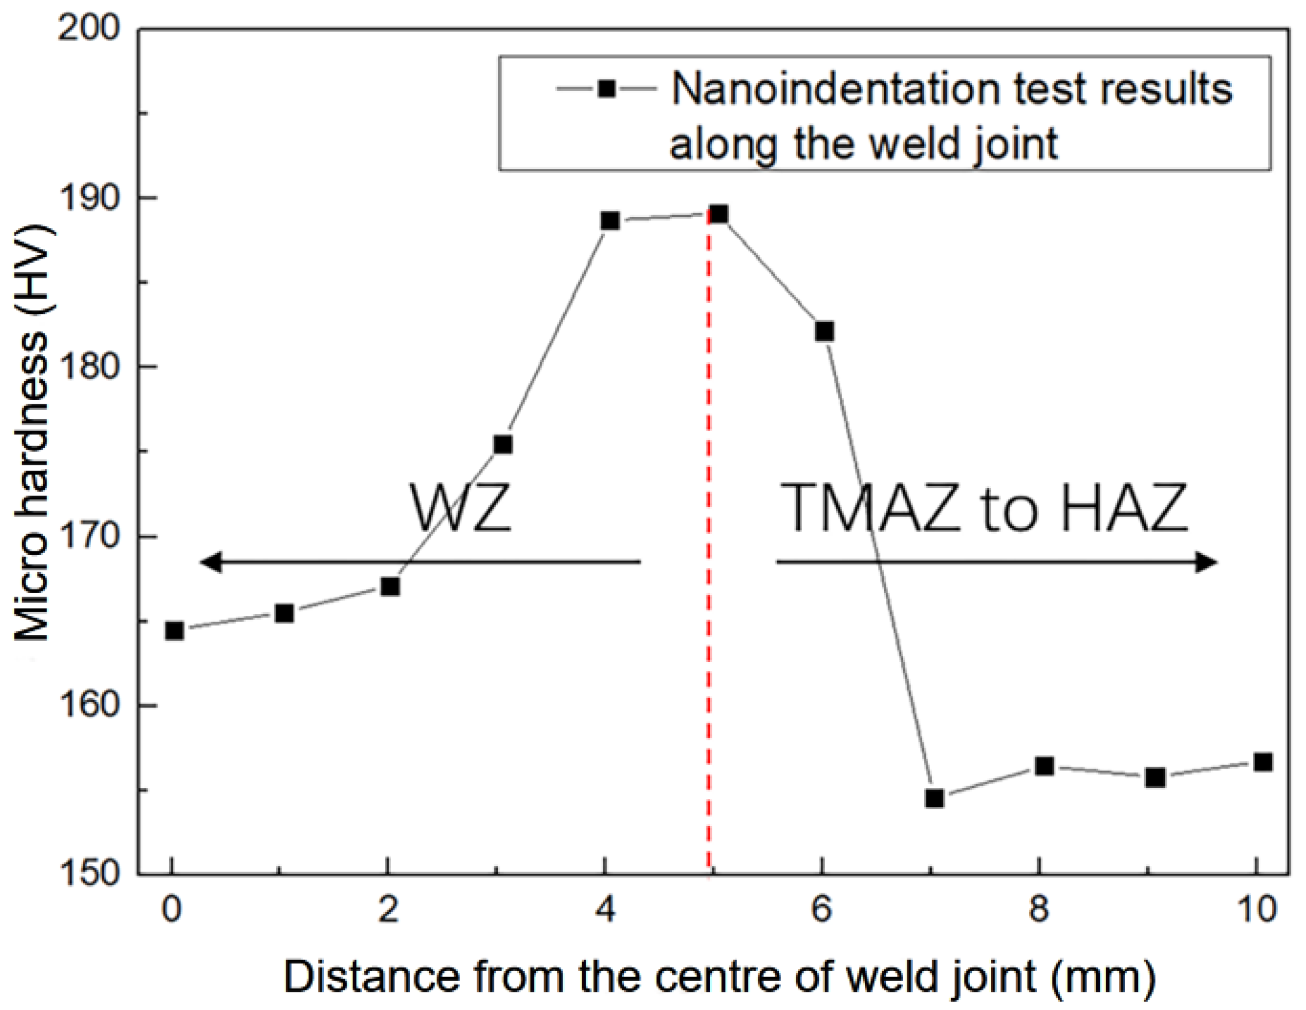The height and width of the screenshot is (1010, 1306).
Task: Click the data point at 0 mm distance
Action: coord(174,631)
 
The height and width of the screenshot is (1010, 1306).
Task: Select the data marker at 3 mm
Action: coord(503,444)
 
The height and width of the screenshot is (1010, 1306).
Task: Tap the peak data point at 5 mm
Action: coord(718,214)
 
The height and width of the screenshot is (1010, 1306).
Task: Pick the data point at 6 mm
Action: coord(824,331)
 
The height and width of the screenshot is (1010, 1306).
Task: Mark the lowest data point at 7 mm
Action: coord(934,799)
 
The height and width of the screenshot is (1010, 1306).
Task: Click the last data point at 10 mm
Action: coord(1262,762)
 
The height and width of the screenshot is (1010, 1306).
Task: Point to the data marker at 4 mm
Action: coord(609,220)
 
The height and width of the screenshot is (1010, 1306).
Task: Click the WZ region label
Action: coord(461,508)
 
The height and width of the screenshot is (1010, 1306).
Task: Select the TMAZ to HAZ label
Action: coord(983,508)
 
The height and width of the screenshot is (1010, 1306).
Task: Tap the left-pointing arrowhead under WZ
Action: coord(210,563)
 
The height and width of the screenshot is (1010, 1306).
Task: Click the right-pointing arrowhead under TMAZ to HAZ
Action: coord(1207,563)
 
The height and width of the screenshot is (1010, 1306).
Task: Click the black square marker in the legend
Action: coord(606,89)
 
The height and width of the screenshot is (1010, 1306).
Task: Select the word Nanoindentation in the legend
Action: coord(835,89)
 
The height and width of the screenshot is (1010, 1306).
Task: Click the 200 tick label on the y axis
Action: coord(88,27)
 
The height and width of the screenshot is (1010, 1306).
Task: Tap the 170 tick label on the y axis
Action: coord(88,536)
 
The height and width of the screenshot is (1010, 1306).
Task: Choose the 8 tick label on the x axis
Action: coord(1039,910)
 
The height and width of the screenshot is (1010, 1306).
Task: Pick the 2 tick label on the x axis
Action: coord(389,910)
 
